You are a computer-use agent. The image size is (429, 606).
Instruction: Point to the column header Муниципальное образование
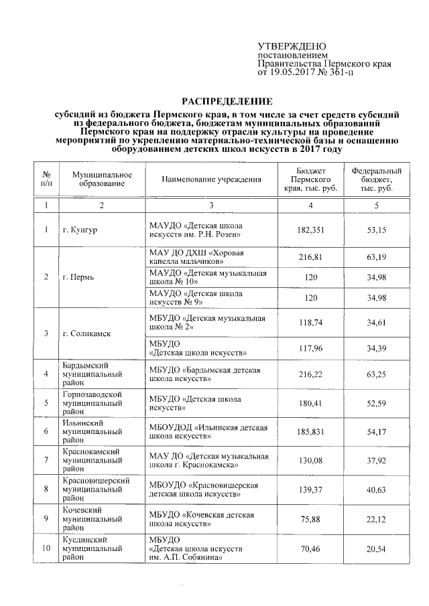(x=101, y=179)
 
